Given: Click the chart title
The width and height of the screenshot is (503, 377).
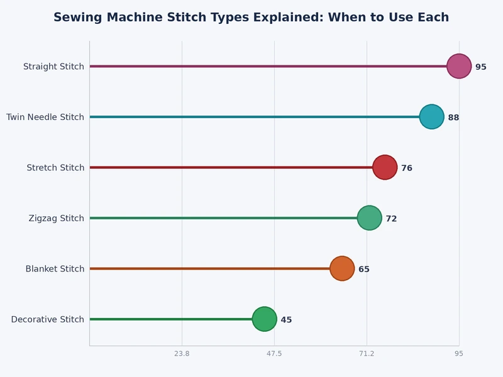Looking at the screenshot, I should click(x=251, y=18).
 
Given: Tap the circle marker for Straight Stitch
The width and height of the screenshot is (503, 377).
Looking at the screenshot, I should click(x=459, y=66).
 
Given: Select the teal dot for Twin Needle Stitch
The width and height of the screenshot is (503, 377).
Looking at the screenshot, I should click(x=431, y=117).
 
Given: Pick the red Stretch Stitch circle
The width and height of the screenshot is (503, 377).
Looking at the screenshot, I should click(x=385, y=167).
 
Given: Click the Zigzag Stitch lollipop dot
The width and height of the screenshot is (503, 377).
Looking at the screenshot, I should click(x=369, y=218).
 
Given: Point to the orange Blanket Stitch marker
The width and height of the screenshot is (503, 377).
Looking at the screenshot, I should click(x=342, y=268).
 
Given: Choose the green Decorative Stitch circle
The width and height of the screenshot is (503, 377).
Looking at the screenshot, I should click(x=264, y=319).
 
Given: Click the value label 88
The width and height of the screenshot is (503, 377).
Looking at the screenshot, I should click(x=453, y=117).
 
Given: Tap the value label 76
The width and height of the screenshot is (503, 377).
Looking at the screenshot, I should click(x=407, y=168).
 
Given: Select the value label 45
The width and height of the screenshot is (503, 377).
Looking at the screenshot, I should click(x=286, y=320).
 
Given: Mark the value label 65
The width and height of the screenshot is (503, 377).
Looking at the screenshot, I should click(x=364, y=270).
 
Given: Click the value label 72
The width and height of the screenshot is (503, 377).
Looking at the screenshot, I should click(x=391, y=219).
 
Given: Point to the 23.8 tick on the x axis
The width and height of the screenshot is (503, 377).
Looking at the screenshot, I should click(x=182, y=354).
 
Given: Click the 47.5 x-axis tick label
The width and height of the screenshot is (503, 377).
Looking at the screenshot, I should click(x=274, y=354).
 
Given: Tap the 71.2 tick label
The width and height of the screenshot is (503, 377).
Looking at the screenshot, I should click(x=367, y=354).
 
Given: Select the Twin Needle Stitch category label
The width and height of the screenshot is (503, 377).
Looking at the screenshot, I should click(x=45, y=117).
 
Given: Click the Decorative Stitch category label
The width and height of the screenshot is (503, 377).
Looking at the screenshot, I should click(x=48, y=319).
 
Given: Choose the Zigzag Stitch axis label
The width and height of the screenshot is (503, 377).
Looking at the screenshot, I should click(x=57, y=218).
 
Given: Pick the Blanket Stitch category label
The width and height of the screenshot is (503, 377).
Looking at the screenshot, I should click(x=55, y=269).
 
